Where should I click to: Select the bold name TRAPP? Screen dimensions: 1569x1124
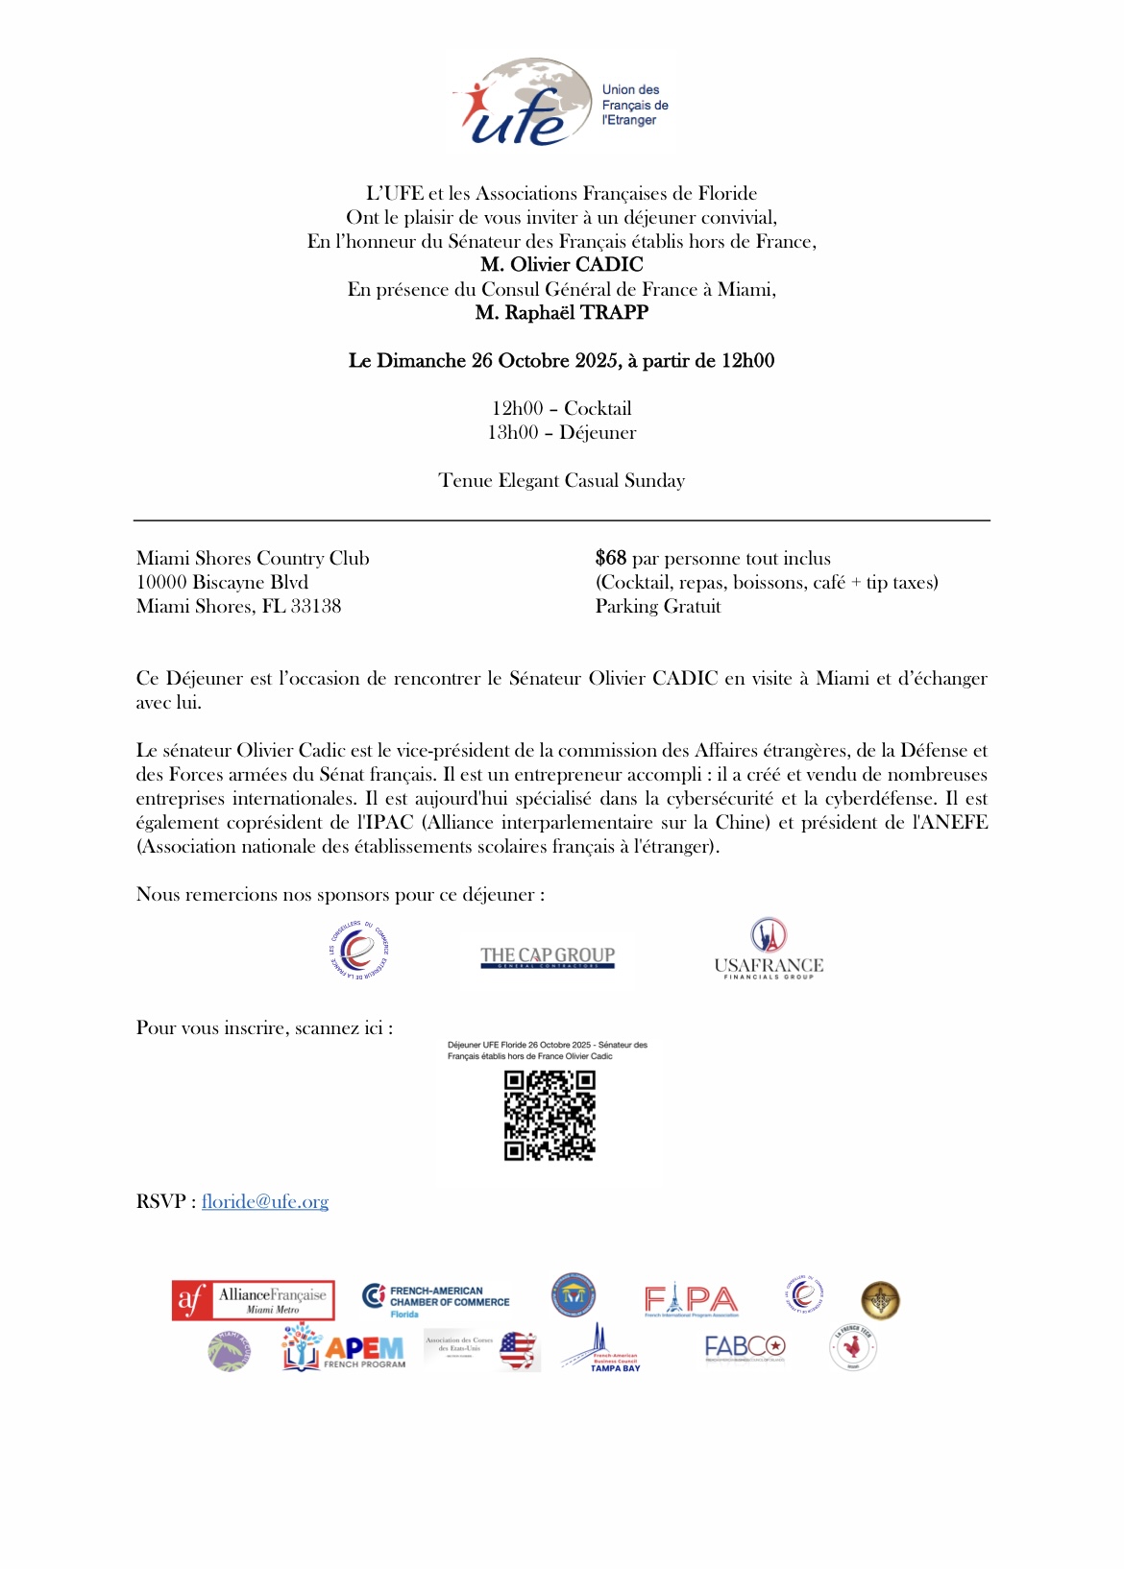pos(614,313)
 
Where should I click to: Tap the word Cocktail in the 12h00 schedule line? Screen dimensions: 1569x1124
pos(598,409)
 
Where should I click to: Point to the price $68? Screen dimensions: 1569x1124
pos(611,559)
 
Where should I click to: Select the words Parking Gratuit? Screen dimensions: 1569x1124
pos(658,607)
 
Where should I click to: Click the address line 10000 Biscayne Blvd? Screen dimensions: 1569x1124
pos(222,583)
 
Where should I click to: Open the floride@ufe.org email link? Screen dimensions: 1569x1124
pos(265,1202)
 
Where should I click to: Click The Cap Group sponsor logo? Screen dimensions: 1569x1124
pos(548,956)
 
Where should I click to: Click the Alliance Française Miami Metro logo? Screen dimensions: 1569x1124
pos(254,1300)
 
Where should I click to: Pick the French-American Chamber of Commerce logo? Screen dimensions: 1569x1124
pos(437,1299)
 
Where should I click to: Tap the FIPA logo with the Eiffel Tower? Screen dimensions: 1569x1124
pos(691,1300)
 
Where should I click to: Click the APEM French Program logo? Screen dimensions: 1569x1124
pos(344,1348)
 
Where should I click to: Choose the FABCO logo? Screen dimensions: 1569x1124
pos(745,1348)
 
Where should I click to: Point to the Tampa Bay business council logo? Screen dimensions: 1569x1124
pos(602,1350)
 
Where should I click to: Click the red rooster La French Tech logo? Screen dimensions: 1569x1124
pos(852,1348)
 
